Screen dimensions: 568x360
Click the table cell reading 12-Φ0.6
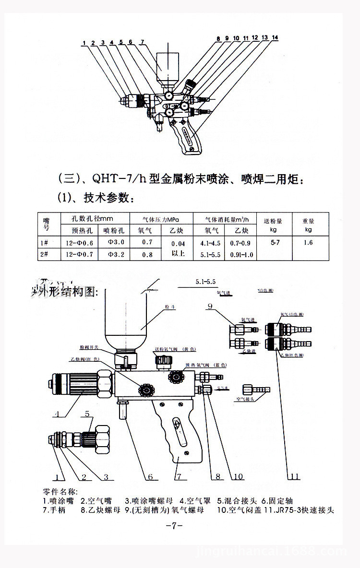coord(79,243)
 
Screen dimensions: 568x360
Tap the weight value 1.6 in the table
coord(308,243)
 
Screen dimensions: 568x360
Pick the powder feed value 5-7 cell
coord(275,243)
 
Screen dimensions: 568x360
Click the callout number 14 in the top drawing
coord(274,37)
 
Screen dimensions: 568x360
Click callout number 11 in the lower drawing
coord(295,476)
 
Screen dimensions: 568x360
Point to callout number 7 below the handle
coord(178,477)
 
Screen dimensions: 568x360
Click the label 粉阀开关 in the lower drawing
coord(89,347)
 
